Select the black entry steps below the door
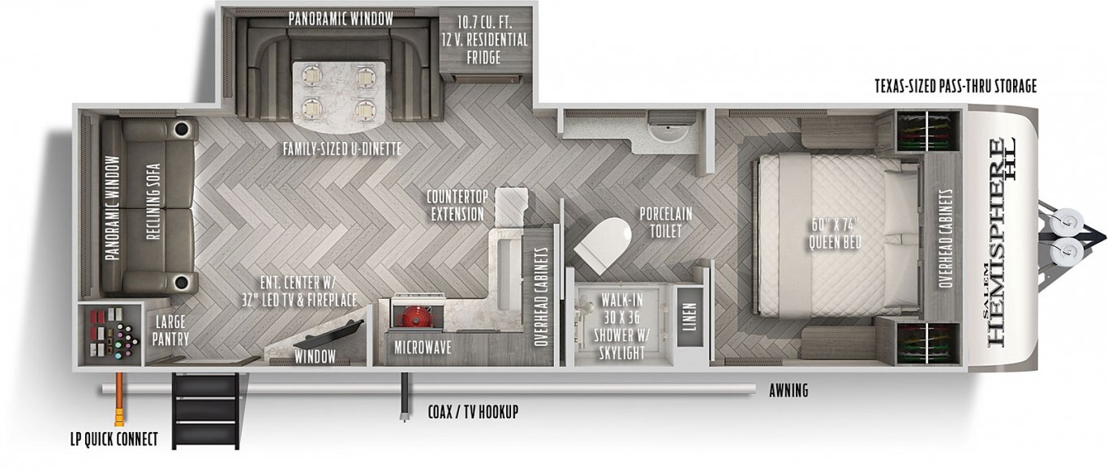(205, 410)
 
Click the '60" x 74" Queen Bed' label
(835, 233)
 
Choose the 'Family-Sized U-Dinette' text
(341, 148)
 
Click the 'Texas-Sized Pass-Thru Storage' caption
(956, 86)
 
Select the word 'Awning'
(788, 391)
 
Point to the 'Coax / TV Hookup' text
(473, 411)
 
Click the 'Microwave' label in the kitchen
(423, 348)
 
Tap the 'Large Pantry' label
(170, 330)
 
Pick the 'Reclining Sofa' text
(153, 202)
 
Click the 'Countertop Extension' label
(457, 205)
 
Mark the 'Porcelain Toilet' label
(666, 222)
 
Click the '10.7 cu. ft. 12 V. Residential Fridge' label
(485, 40)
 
